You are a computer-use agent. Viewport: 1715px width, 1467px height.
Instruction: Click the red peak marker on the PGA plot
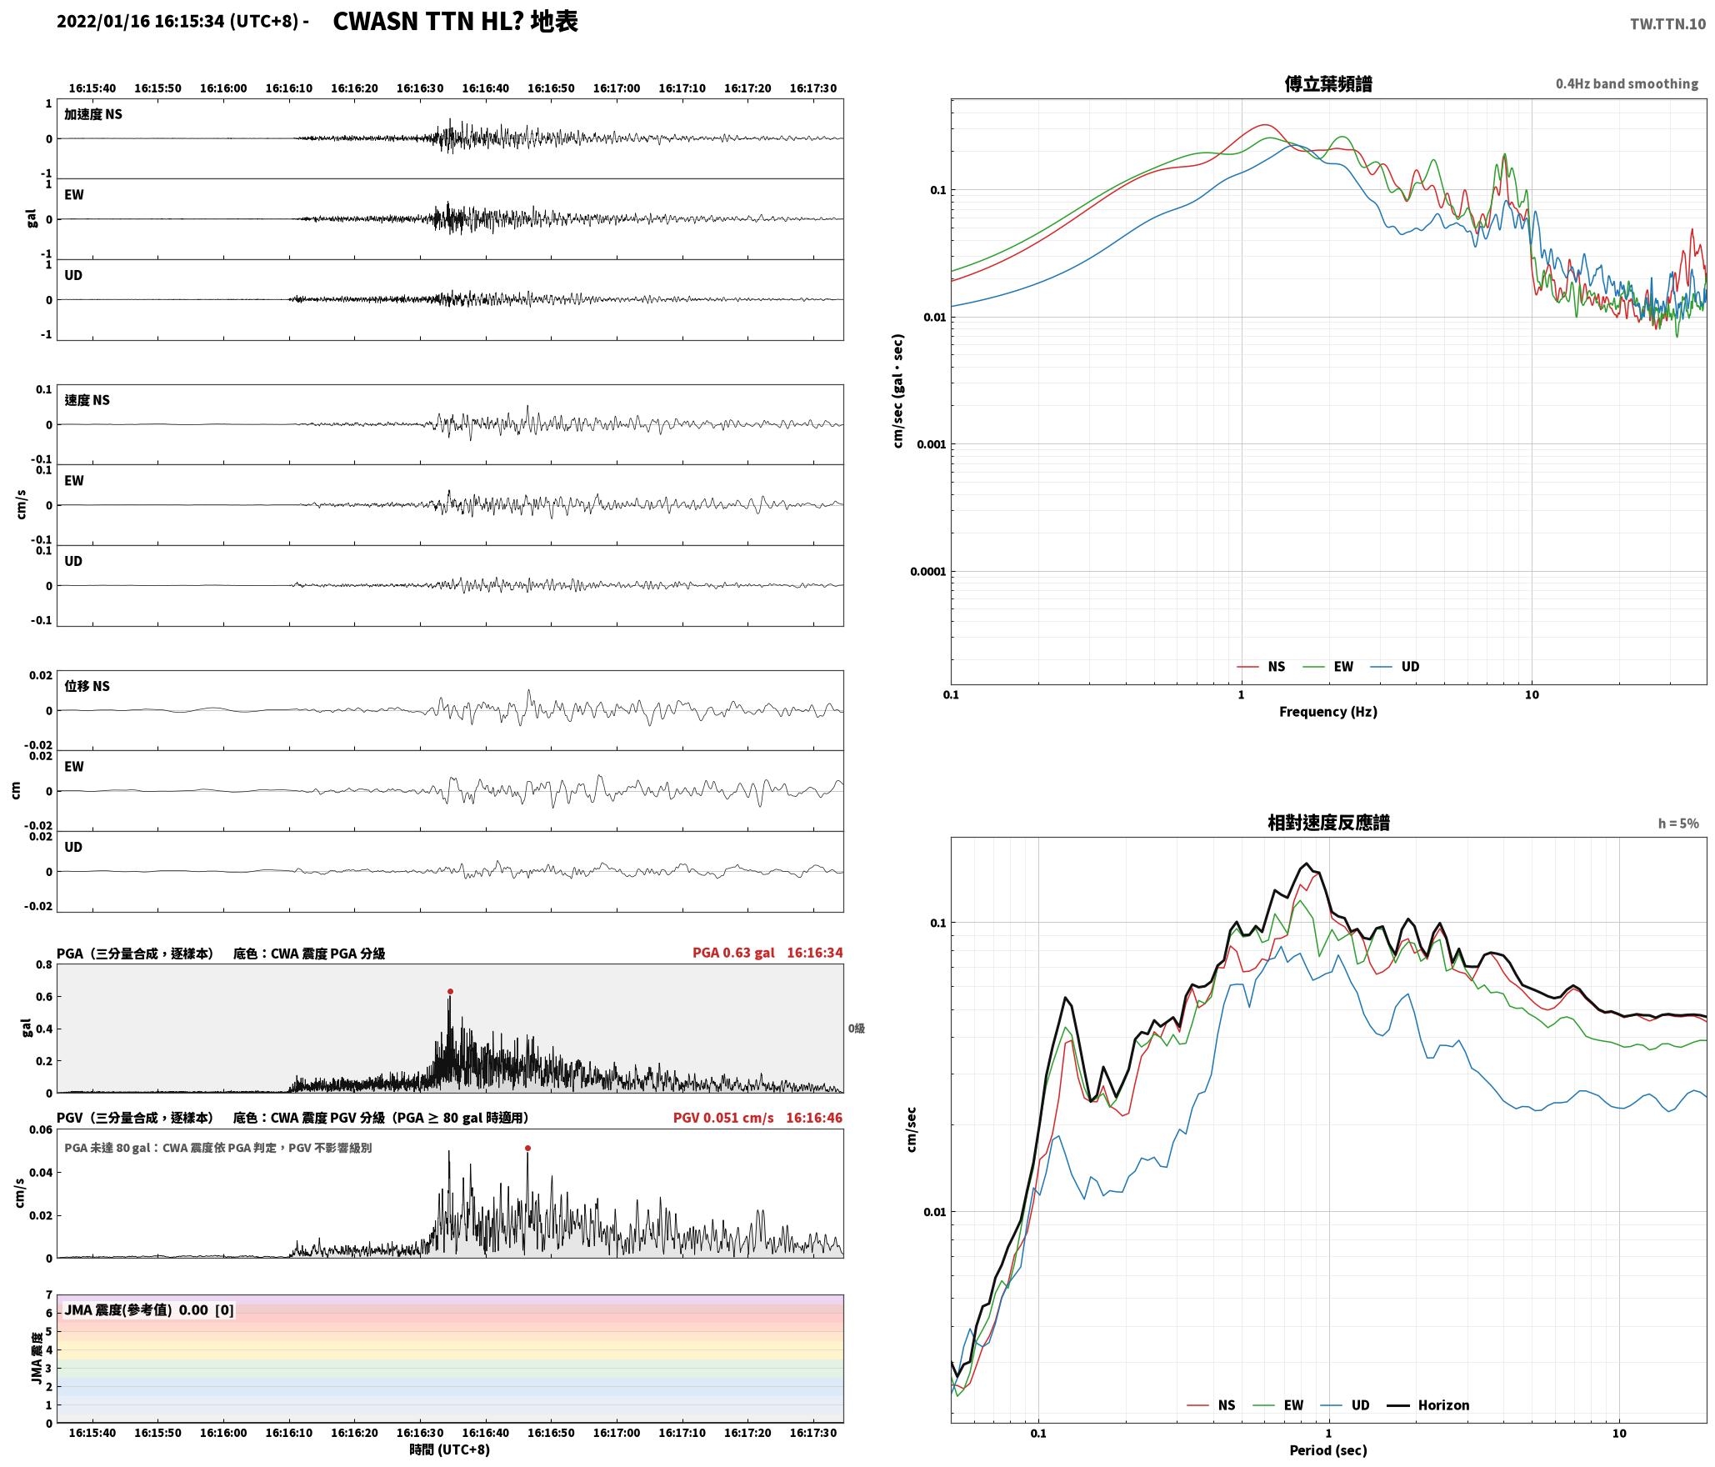pyautogui.click(x=450, y=991)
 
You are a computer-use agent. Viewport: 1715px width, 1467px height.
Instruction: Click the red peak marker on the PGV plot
pyautogui.click(x=527, y=1148)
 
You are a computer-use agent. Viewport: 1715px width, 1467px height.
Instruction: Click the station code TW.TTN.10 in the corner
pyautogui.click(x=1667, y=24)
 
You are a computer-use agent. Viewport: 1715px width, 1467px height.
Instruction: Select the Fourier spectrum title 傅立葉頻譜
pyautogui.click(x=1328, y=83)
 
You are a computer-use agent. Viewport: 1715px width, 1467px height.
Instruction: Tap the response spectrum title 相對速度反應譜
pyautogui.click(x=1328, y=823)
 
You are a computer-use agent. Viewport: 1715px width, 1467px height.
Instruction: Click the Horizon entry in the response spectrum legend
pyautogui.click(x=1428, y=1404)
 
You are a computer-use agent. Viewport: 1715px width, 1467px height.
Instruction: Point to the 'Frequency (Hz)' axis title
pyautogui.click(x=1328, y=711)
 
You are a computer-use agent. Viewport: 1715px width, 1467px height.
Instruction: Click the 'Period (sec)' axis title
pyautogui.click(x=1328, y=1449)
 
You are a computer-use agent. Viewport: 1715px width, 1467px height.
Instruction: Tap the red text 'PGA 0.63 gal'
pyautogui.click(x=733, y=953)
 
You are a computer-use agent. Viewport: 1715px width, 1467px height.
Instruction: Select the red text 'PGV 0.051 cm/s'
pyautogui.click(x=723, y=1117)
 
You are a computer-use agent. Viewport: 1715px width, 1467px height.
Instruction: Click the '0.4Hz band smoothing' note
pyautogui.click(x=1627, y=83)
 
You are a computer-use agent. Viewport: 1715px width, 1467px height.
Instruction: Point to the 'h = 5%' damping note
pyautogui.click(x=1678, y=824)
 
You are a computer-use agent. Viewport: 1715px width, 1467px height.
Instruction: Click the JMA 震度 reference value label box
pyautogui.click(x=149, y=1309)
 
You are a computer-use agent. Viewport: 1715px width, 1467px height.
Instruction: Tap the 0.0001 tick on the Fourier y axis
pyautogui.click(x=928, y=572)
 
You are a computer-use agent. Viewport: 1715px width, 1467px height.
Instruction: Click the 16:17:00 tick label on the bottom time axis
pyautogui.click(x=617, y=1433)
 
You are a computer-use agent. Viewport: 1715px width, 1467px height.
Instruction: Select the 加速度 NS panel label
pyautogui.click(x=93, y=114)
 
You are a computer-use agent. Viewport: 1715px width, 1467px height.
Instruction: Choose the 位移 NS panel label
pyautogui.click(x=87, y=686)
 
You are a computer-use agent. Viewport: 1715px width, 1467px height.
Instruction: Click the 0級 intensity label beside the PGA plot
pyautogui.click(x=857, y=1029)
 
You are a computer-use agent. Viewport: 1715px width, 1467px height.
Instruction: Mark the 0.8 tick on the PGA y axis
pyautogui.click(x=43, y=965)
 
